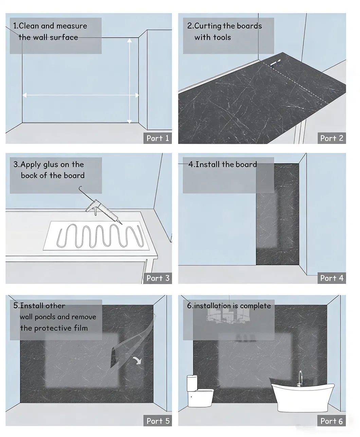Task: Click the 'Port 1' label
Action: pos(158,138)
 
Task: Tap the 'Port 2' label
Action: pos(331,138)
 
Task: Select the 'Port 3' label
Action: pos(158,278)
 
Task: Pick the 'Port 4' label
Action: pos(331,278)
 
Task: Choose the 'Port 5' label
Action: pos(158,421)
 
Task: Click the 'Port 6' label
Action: pos(331,421)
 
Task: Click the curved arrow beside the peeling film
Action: pos(138,360)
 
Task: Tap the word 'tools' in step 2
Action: pos(221,37)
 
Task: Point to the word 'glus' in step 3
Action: pos(50,165)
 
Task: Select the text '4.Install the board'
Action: pos(222,164)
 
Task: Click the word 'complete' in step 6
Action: pos(255,306)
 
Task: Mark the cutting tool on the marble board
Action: pos(274,62)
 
